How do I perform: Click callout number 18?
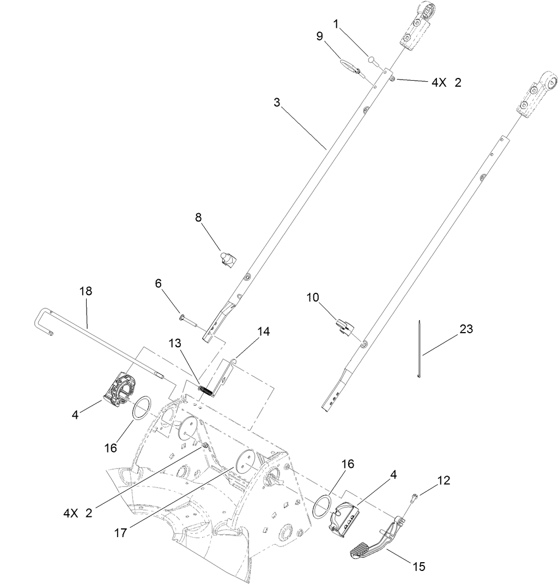[86, 291]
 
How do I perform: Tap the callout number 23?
[466, 329]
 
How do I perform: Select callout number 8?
[198, 217]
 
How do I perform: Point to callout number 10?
[312, 297]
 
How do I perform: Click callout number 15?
[418, 567]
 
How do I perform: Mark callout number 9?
[320, 36]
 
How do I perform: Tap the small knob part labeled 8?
[229, 259]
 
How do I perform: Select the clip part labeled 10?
[345, 328]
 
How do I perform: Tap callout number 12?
[444, 480]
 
